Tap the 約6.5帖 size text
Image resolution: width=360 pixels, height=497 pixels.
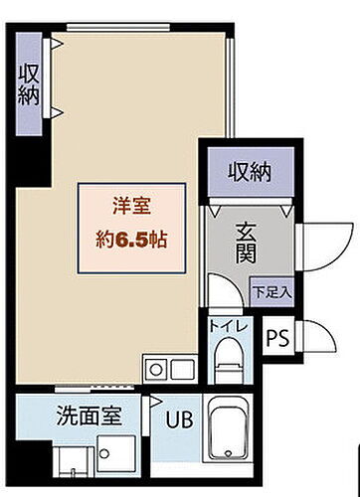coord(131,240)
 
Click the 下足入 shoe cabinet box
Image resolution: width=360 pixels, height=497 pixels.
coord(270,292)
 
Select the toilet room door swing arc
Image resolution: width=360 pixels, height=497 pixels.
coord(214,296)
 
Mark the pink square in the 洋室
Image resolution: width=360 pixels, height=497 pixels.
coord(130,226)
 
